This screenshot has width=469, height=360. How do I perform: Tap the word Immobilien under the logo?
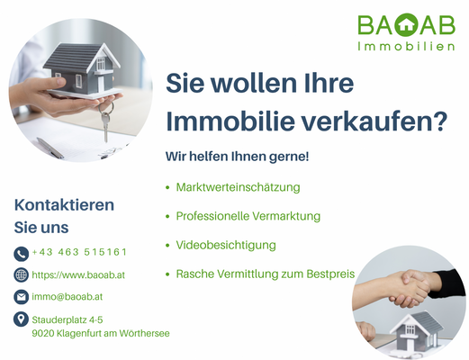tap(405, 46)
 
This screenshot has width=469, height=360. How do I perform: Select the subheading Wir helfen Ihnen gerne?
tap(237, 157)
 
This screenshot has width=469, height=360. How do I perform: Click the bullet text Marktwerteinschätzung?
tap(238, 187)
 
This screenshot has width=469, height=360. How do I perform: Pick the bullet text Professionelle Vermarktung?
tap(248, 216)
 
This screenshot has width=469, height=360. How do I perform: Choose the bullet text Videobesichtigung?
tap(226, 245)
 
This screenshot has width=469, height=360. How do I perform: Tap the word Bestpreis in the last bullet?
tap(330, 274)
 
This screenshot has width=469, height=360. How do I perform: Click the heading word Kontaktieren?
tap(64, 204)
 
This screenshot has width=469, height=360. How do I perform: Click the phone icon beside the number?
tap(22, 253)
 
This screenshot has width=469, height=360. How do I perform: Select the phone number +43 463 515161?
tap(79, 253)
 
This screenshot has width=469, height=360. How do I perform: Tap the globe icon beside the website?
tap(22, 274)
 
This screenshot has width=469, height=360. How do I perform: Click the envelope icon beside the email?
tap(22, 296)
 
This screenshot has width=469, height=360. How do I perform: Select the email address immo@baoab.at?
tap(67, 296)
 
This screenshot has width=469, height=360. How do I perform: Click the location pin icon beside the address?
tap(22, 319)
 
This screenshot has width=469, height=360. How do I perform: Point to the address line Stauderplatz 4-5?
tap(68, 319)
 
